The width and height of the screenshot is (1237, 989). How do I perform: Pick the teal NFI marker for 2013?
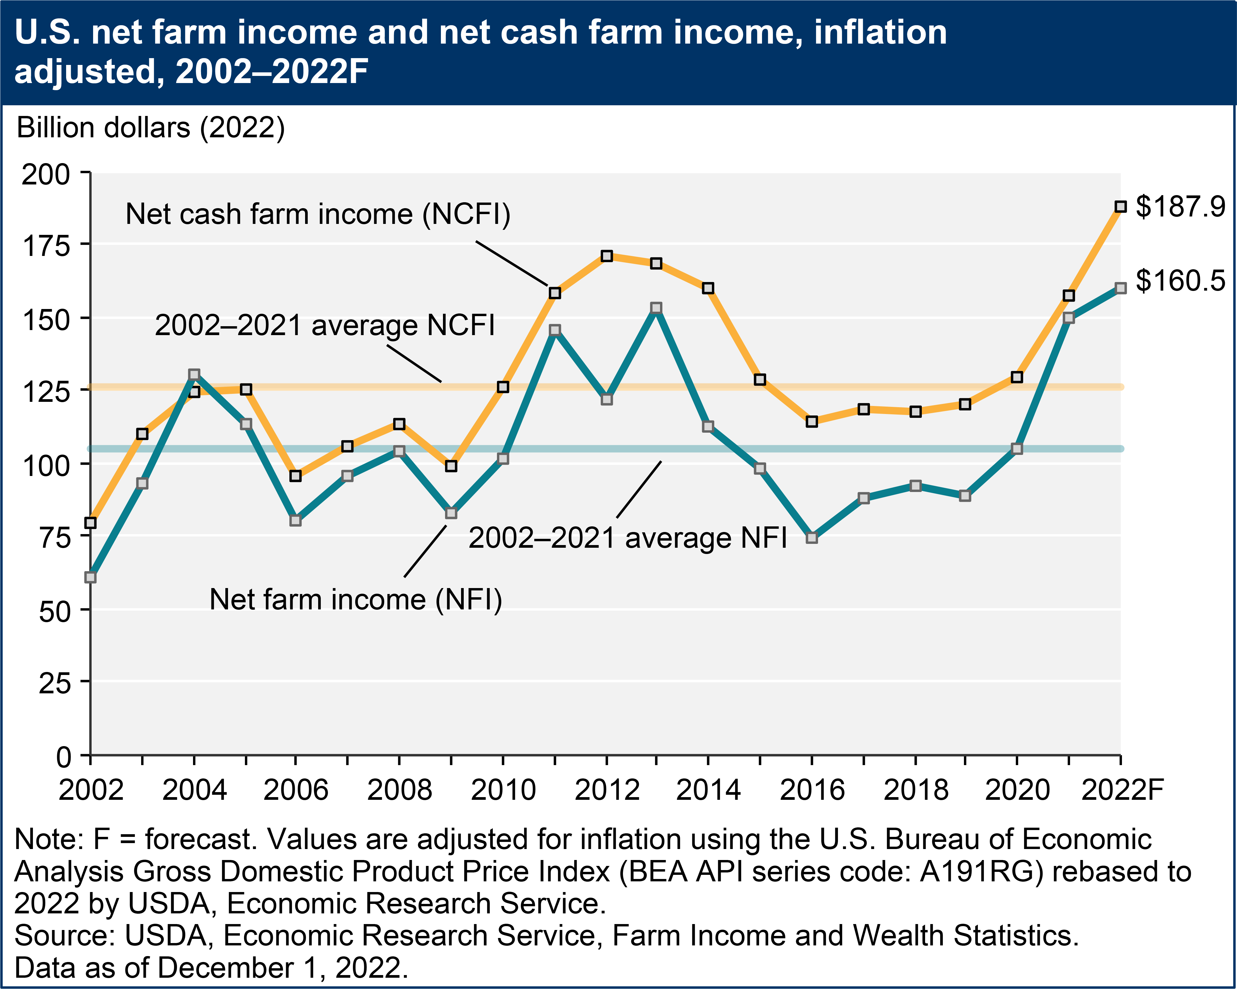pyautogui.click(x=656, y=308)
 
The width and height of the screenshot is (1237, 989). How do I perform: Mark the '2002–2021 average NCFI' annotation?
pyautogui.click(x=325, y=325)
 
